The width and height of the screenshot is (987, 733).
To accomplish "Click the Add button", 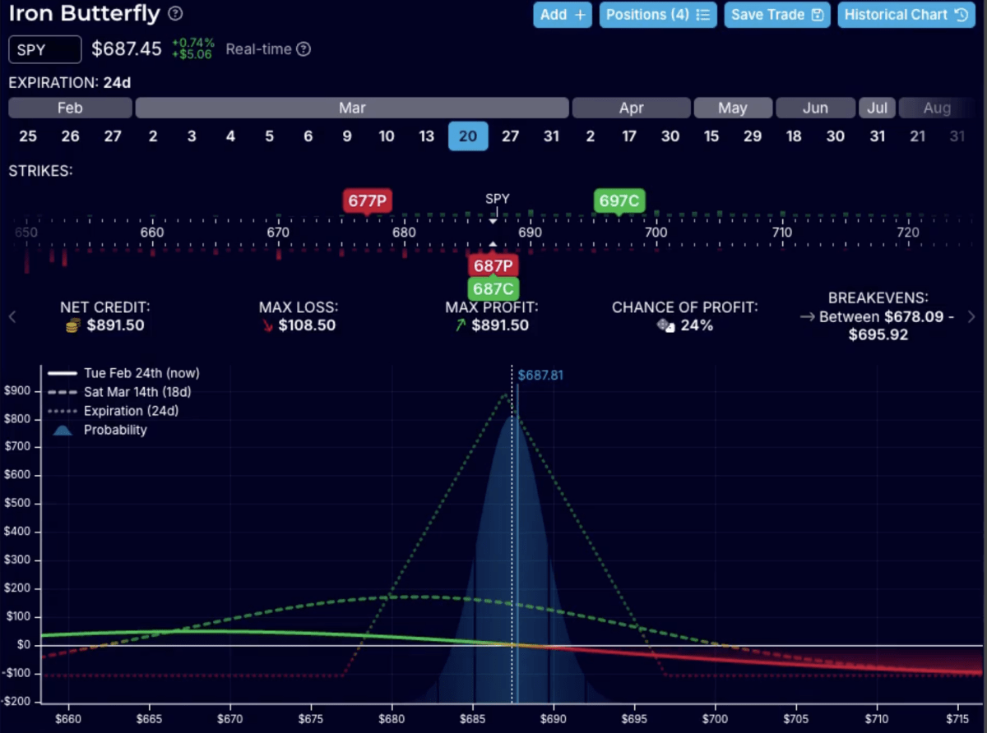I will pyautogui.click(x=562, y=15).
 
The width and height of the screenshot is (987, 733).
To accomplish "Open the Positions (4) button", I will pyautogui.click(x=657, y=15).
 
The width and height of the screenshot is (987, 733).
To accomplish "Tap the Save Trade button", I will pyautogui.click(x=777, y=15).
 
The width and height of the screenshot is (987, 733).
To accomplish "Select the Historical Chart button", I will pyautogui.click(x=906, y=15).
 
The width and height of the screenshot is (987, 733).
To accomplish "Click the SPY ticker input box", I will pyautogui.click(x=45, y=49).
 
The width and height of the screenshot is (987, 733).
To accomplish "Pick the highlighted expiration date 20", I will pyautogui.click(x=468, y=136).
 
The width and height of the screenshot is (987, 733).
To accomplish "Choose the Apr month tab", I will pyautogui.click(x=631, y=108).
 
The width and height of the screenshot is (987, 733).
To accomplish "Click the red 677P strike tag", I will pyautogui.click(x=367, y=200).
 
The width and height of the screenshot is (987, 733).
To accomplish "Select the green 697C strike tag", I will pyautogui.click(x=619, y=200).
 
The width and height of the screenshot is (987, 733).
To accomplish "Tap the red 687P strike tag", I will pyautogui.click(x=493, y=266).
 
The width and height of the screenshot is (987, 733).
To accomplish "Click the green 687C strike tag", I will pyautogui.click(x=493, y=288).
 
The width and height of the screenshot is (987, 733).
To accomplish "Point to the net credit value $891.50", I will pyautogui.click(x=115, y=325).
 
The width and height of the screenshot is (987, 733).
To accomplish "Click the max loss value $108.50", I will pyautogui.click(x=307, y=325).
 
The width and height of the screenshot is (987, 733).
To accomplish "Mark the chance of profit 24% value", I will pyautogui.click(x=696, y=325).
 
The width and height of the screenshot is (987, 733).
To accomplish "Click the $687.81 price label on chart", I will pyautogui.click(x=540, y=376).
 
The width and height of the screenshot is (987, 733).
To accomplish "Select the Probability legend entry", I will pyautogui.click(x=114, y=430).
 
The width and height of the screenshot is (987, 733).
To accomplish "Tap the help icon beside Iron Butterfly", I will pyautogui.click(x=175, y=14).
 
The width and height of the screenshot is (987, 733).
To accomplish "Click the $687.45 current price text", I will pyautogui.click(x=127, y=49).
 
